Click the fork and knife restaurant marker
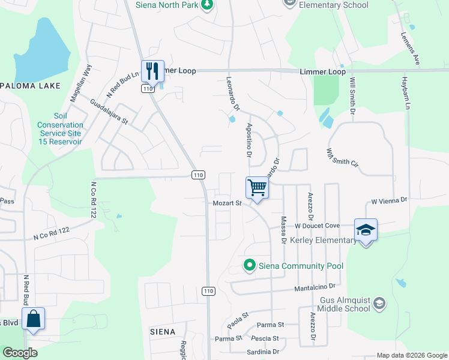pos(152,71)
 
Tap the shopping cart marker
pos(257,188)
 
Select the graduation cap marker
pos(366,230)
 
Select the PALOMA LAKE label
pos(30,86)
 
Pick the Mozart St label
pos(227,203)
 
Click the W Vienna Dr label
pos(390,200)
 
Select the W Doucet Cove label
pos(318,226)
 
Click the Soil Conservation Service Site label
pos(60,129)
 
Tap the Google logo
pos(20,353)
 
